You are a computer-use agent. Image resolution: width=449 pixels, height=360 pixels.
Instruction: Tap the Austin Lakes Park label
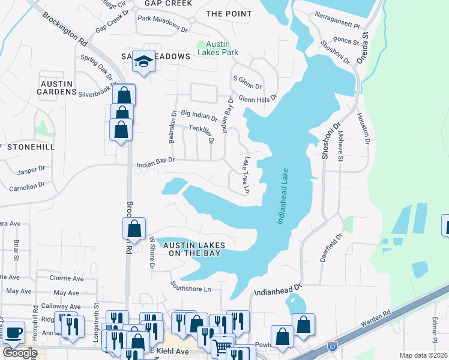click(222, 48)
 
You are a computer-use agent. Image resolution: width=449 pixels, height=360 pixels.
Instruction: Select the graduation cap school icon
click(143, 61)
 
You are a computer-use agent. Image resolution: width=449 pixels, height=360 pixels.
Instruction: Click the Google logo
click(19, 353)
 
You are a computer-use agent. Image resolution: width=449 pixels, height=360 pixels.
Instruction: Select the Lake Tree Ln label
click(246, 175)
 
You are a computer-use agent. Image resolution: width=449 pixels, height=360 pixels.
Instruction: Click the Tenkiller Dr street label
click(201, 133)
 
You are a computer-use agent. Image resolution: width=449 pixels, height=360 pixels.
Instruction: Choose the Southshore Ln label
click(190, 286)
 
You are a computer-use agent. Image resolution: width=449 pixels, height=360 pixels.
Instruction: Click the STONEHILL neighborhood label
click(29, 146)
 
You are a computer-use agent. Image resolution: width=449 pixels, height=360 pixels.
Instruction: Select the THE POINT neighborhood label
click(227, 13)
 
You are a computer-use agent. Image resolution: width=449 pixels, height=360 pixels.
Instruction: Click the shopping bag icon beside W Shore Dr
click(134, 228)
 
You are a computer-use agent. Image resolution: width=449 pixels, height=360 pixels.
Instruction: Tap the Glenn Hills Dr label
click(258, 98)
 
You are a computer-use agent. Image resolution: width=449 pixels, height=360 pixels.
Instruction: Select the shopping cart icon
click(223, 346)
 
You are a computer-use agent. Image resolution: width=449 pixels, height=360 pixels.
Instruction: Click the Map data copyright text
click(424, 355)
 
